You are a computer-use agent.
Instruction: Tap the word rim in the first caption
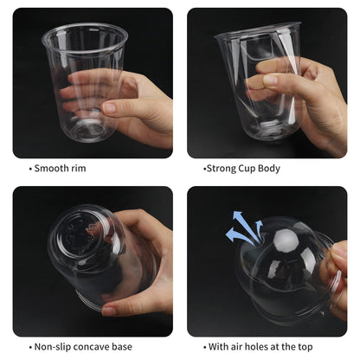80,168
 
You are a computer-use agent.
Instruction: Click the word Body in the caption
269,169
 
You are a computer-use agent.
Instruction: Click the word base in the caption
122,346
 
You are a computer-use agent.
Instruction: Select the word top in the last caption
305,347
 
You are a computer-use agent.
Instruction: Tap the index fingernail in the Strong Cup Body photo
271,80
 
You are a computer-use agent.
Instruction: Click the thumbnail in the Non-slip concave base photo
109,311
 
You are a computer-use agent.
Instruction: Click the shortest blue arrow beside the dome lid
259,230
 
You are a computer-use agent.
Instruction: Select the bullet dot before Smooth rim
30,169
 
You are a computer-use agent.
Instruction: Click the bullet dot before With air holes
204,347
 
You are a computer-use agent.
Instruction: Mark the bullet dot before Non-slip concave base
30,347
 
